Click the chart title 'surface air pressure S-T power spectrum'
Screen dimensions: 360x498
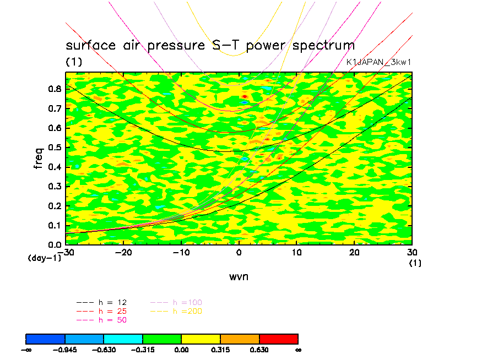coord(210,45)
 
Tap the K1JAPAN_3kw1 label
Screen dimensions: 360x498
coord(378,62)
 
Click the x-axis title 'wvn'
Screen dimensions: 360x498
coord(239,277)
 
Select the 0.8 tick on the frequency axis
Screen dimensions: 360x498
coord(55,90)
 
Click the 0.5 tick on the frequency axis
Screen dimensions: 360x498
coord(55,148)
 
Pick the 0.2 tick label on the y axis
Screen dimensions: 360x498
coord(55,205)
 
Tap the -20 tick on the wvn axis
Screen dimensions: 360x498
coord(123,253)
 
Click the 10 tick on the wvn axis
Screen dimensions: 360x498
coord(296,253)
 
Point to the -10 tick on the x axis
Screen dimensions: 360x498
coord(181,253)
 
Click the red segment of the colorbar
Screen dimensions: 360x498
coord(278,339)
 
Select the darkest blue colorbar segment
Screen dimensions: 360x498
coord(46,339)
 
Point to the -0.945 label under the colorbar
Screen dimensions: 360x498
coord(65,349)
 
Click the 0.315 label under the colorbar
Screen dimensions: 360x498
coord(220,349)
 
